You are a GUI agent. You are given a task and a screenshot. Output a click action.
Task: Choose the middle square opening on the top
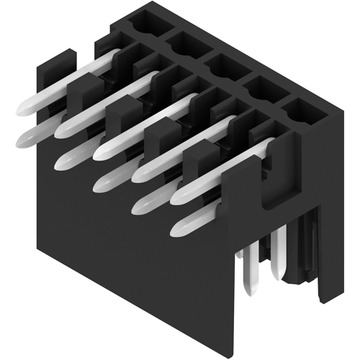[219, 65]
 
